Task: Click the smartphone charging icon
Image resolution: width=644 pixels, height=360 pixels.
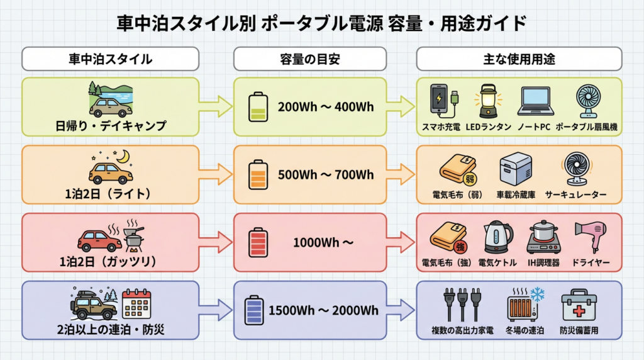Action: click(442, 101)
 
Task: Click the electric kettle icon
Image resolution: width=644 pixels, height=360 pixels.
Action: click(497, 237)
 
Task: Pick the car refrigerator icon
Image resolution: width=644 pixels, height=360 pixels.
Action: click(515, 169)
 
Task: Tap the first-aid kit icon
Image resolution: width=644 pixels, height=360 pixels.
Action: click(579, 306)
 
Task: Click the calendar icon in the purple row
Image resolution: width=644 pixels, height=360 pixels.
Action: click(137, 303)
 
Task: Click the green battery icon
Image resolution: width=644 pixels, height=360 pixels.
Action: click(258, 107)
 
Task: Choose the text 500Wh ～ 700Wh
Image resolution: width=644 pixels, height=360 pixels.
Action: click(326, 175)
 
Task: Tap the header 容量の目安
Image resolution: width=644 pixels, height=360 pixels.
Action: click(309, 59)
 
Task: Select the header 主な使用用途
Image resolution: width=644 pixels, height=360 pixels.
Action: click(519, 59)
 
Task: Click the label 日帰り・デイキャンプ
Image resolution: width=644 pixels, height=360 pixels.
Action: click(111, 126)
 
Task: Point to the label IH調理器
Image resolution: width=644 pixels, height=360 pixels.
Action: click(543, 262)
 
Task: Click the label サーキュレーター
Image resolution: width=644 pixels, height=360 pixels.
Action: click(575, 194)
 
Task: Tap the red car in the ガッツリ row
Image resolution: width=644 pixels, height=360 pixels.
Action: click(99, 240)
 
